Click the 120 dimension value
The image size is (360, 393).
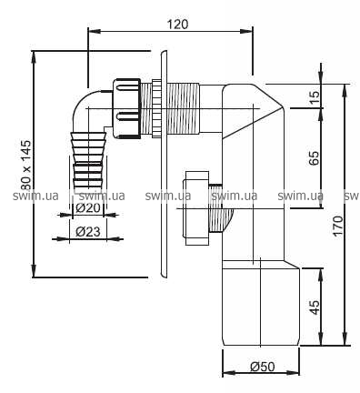178,25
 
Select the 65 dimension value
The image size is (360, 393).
315,157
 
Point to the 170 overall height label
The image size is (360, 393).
338,226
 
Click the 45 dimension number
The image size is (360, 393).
315,307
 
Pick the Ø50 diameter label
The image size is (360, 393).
263,367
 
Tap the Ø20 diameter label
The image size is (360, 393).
88,208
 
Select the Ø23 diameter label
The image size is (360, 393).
88,232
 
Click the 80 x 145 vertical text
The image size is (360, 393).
26,166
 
